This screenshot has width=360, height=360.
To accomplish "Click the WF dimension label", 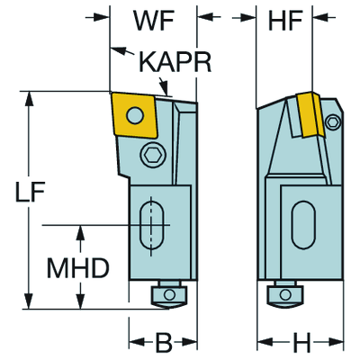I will pos(153,20).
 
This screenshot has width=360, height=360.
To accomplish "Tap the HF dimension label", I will pos(283,20).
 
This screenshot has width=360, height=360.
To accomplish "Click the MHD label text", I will pos(79,269).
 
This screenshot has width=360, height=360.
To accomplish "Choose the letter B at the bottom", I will pos(162,344).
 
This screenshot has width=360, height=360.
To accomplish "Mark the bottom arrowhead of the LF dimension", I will pos(31,303).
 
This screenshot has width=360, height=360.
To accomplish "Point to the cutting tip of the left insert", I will pos(111,93).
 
